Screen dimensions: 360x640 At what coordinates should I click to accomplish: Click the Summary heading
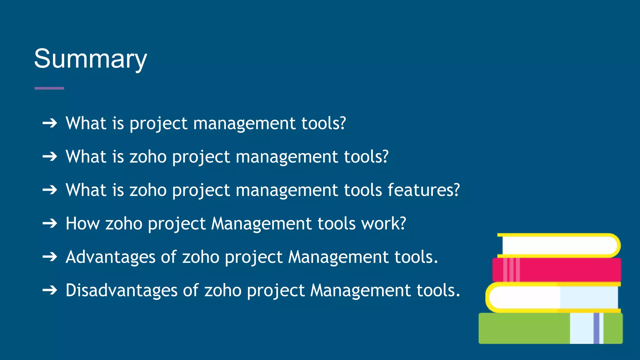point(90,59)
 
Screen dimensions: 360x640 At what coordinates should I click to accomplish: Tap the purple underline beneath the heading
point(49,88)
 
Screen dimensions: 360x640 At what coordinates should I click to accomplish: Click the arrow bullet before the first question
point(50,123)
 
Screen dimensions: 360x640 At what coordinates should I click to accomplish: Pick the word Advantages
point(110,257)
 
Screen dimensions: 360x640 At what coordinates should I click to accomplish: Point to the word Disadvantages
point(121,290)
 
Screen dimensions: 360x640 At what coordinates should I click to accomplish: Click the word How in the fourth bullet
point(82,223)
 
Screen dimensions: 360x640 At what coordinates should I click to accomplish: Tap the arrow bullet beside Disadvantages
point(50,290)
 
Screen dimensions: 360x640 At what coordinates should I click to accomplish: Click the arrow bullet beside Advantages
point(50,257)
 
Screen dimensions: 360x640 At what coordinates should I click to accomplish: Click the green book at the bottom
point(525,328)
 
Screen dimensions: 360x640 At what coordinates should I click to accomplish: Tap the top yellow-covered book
point(559,245)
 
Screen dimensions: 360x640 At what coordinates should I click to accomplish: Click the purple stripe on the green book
point(596,328)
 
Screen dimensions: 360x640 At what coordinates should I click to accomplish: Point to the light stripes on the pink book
point(512,269)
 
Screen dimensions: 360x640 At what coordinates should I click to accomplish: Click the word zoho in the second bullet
point(148,157)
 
